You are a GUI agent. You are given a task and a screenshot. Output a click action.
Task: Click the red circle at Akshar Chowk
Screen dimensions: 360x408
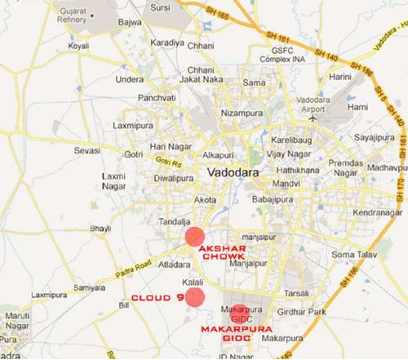(193, 238)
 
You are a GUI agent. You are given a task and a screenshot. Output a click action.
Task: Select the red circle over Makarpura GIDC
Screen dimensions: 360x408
(238, 312)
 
